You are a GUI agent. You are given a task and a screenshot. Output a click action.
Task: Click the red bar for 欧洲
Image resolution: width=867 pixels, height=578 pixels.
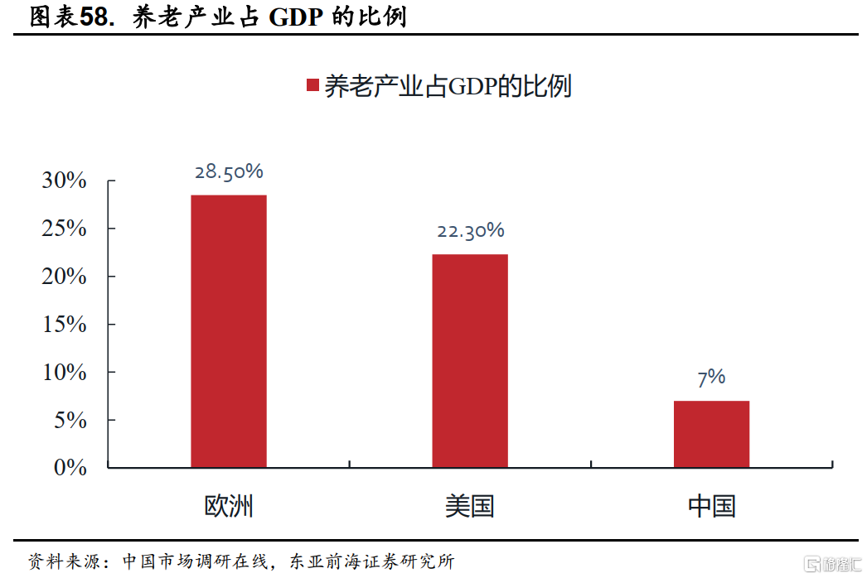click(x=229, y=331)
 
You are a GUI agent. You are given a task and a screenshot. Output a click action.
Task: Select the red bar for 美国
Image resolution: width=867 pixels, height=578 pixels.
click(x=470, y=360)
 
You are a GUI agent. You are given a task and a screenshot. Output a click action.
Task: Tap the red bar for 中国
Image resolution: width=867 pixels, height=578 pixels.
click(x=711, y=434)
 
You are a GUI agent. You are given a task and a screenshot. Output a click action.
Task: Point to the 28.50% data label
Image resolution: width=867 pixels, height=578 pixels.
click(x=229, y=172)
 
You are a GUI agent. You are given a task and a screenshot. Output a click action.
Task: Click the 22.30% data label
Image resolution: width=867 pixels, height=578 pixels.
click(x=470, y=231)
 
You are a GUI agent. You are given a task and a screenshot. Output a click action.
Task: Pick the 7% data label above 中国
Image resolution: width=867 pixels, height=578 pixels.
click(x=711, y=378)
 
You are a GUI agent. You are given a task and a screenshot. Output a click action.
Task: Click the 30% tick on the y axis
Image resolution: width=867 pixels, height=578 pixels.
click(x=65, y=181)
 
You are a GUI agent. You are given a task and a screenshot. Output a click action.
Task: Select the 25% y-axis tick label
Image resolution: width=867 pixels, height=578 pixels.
click(x=65, y=229)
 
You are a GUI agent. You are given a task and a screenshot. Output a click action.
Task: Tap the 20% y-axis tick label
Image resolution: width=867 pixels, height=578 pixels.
click(x=65, y=277)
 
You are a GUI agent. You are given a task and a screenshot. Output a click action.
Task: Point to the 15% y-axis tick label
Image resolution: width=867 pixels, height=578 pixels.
click(x=65, y=325)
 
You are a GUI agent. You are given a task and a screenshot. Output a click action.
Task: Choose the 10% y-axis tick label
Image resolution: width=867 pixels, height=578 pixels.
click(x=65, y=373)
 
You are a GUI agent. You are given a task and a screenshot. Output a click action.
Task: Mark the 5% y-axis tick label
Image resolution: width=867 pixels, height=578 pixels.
click(x=70, y=421)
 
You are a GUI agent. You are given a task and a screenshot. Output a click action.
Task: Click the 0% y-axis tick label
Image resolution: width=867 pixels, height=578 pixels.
click(x=70, y=468)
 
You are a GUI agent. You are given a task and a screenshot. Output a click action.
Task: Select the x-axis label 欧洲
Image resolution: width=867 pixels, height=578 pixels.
click(x=229, y=506)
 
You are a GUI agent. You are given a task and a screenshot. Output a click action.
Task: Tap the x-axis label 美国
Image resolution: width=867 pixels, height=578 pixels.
click(x=470, y=506)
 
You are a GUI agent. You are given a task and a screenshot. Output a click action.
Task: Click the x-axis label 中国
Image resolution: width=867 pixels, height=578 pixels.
click(x=711, y=506)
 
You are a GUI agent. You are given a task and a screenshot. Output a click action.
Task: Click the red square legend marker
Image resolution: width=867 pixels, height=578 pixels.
click(x=312, y=86)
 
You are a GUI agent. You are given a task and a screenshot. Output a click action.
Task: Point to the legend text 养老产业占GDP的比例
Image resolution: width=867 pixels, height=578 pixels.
click(x=448, y=86)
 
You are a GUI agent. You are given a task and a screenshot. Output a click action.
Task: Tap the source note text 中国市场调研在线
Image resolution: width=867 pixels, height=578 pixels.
click(x=196, y=561)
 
